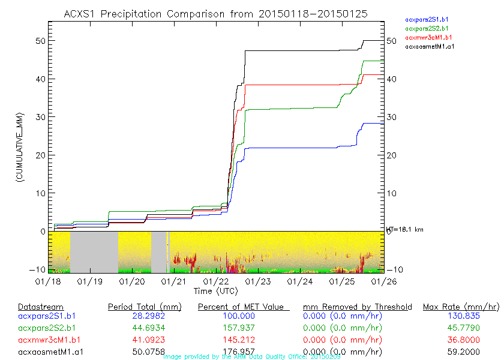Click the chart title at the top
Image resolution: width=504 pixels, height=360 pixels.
point(216,13)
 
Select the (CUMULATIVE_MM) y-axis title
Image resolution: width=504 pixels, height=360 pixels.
point(19,146)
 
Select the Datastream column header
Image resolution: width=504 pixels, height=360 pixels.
point(41,307)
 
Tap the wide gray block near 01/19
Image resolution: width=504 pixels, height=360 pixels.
point(94,252)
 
